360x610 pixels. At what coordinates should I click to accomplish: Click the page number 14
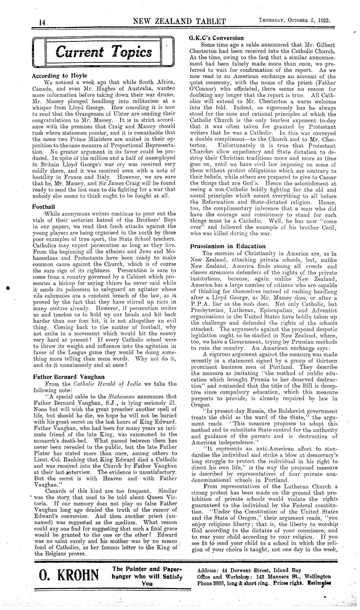(42, 23)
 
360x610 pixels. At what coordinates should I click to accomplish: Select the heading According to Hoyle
(60, 76)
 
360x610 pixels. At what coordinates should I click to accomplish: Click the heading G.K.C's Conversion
(216, 38)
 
